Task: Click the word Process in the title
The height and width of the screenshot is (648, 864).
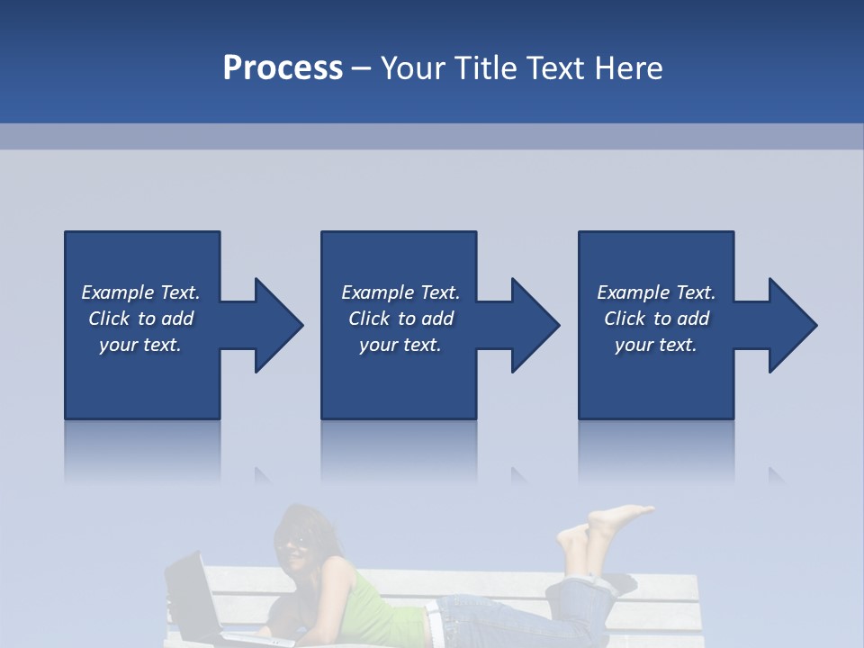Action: (x=283, y=68)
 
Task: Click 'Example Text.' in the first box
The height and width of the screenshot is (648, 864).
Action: (x=140, y=292)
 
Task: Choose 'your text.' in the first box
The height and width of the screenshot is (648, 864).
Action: (x=140, y=345)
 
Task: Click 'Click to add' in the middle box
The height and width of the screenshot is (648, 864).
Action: (x=400, y=319)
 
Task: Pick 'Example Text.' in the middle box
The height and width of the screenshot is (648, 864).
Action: (x=400, y=292)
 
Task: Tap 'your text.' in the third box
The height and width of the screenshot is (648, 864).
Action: (x=656, y=345)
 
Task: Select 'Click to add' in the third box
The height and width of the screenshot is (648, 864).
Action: (x=656, y=319)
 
